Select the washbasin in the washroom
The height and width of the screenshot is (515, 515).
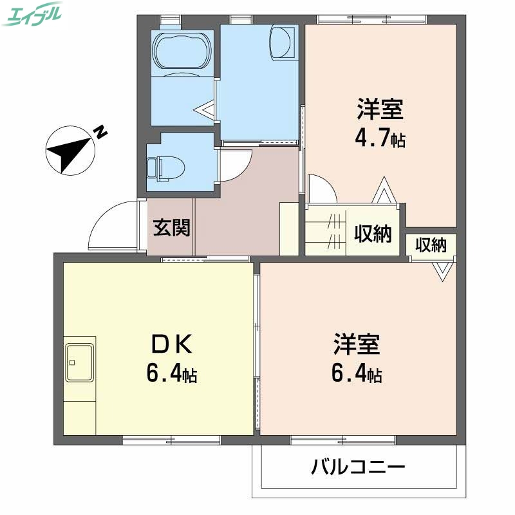tap(283, 42)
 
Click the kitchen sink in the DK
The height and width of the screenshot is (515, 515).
tap(80, 362)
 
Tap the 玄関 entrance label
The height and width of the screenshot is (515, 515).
tap(171, 227)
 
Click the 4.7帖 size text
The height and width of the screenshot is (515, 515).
tap(380, 138)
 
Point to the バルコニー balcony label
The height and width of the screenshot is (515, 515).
tap(358, 467)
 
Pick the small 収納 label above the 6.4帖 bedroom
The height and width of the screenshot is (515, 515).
tap(431, 245)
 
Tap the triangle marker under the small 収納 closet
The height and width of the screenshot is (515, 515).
tap(442, 270)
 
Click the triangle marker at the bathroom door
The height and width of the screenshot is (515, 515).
tap(207, 111)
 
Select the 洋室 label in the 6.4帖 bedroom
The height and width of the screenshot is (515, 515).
tap(357, 344)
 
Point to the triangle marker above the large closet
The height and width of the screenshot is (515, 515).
tap(382, 191)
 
